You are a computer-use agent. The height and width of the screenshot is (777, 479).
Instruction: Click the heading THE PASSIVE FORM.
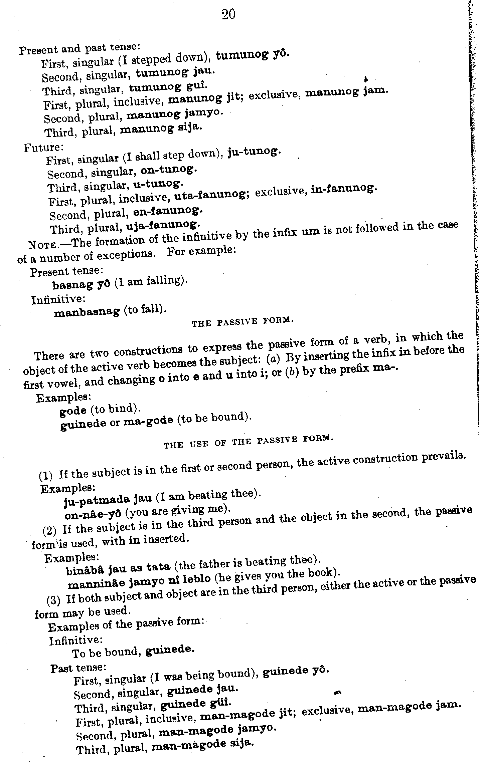243,321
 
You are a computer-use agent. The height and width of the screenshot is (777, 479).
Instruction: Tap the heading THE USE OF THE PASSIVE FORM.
249,441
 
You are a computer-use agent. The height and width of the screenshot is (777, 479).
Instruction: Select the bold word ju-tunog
254,152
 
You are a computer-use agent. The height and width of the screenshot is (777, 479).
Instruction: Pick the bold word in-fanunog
344,189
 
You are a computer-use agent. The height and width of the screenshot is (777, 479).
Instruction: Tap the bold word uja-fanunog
163,226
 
